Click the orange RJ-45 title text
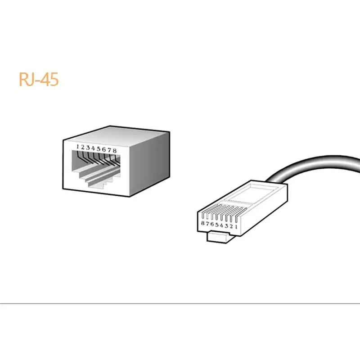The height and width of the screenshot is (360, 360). (x=39, y=79)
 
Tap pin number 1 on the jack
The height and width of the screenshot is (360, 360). (x=77, y=147)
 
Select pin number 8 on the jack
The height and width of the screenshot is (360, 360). (x=115, y=151)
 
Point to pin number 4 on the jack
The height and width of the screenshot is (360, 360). (x=93, y=148)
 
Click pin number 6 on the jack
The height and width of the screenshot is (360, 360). (x=104, y=149)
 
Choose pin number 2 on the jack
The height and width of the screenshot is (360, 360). (x=82, y=147)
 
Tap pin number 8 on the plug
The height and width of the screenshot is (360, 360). (x=202, y=223)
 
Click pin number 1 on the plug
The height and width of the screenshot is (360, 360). (x=236, y=227)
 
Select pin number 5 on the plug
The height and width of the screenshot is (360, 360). (x=217, y=225)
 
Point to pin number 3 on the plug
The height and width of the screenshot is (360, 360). (x=226, y=226)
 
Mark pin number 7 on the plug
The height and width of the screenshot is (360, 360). (x=207, y=224)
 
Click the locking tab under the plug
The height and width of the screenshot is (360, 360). (x=218, y=237)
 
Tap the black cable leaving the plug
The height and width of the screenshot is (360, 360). (x=315, y=165)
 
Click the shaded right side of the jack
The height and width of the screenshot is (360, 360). (x=150, y=163)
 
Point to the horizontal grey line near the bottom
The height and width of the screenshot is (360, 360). (x=180, y=303)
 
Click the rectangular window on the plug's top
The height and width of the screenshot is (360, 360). (x=252, y=195)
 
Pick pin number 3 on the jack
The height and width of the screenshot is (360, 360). (x=88, y=148)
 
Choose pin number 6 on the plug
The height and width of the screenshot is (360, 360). (x=212, y=224)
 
